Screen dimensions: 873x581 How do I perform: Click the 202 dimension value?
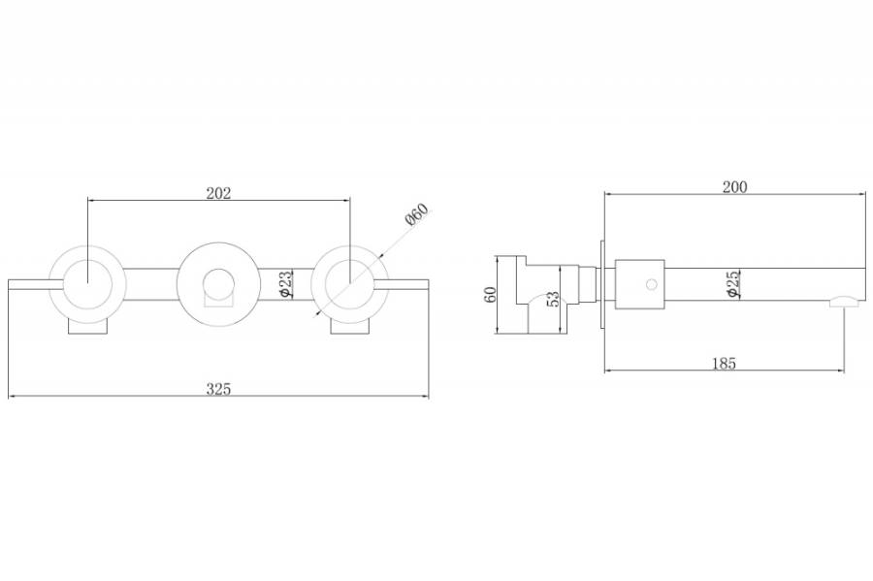218,193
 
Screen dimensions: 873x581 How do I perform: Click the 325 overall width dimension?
218,389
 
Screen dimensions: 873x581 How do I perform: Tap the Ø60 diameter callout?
417,214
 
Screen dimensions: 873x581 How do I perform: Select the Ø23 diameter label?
284,283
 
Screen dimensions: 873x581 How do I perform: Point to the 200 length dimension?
735,187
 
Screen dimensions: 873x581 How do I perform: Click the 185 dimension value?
724,364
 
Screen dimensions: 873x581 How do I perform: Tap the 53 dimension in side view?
552,299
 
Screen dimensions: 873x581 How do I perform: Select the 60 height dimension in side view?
491,295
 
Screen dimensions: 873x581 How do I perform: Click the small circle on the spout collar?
652,284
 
